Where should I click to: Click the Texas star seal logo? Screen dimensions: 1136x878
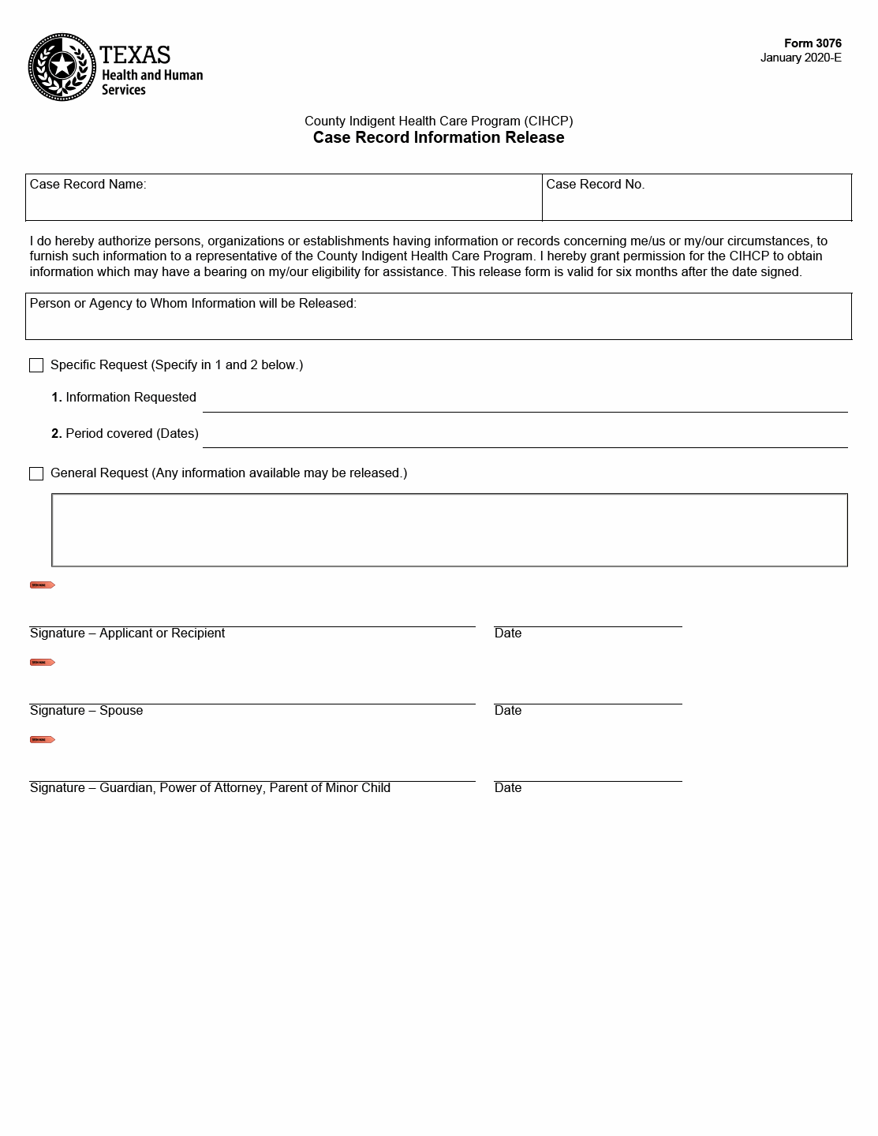pyautogui.click(x=62, y=67)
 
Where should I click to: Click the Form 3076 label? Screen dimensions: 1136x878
pyautogui.click(x=813, y=43)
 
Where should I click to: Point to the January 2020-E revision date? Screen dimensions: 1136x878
pyautogui.click(x=801, y=58)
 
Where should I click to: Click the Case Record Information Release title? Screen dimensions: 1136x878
pyautogui.click(x=439, y=137)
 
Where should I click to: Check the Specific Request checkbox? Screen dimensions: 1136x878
pyautogui.click(x=36, y=365)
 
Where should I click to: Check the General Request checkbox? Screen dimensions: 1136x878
pyautogui.click(x=36, y=473)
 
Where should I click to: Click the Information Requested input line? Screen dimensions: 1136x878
pyautogui.click(x=525, y=402)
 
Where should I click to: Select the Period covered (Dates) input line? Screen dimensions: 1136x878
pyautogui.click(x=525, y=437)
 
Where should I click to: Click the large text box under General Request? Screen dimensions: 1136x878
pyautogui.click(x=450, y=530)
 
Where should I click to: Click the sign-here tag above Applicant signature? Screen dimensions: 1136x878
pyautogui.click(x=43, y=585)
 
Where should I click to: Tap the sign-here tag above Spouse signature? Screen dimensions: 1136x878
pyautogui.click(x=43, y=663)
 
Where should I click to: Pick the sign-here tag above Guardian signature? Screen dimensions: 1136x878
pyautogui.click(x=43, y=740)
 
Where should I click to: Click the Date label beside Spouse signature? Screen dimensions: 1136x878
pyautogui.click(x=508, y=711)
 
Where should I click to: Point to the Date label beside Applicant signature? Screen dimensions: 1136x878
pyautogui.click(x=508, y=633)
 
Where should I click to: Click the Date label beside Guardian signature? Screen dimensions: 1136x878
pyautogui.click(x=508, y=788)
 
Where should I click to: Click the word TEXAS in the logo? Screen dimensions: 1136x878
pyautogui.click(x=135, y=55)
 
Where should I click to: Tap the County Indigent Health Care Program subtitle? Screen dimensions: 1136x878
pyautogui.click(x=439, y=121)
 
